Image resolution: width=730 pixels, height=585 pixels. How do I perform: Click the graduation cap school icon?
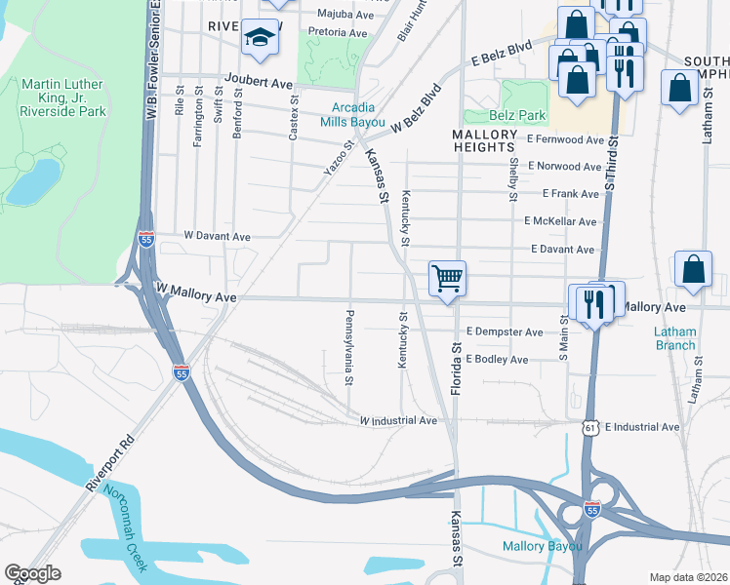[x=260, y=38]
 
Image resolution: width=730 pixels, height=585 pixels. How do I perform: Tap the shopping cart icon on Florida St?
[x=447, y=278]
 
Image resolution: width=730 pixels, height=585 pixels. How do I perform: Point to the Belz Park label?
[x=517, y=115]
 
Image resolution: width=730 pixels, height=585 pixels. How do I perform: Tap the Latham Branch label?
[x=674, y=338]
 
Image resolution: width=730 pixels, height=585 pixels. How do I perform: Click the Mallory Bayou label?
[x=542, y=546]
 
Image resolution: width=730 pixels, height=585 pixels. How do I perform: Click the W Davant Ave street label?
[x=218, y=236]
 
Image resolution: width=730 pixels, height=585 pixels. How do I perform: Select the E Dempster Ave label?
[x=504, y=332]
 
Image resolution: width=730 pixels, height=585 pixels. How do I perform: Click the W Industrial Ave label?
[x=398, y=420]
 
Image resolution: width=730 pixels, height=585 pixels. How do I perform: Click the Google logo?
[x=32, y=573]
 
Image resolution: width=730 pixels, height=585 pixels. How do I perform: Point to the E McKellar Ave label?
[x=560, y=221]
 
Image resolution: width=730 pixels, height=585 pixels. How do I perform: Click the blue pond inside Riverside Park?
[x=32, y=181]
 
